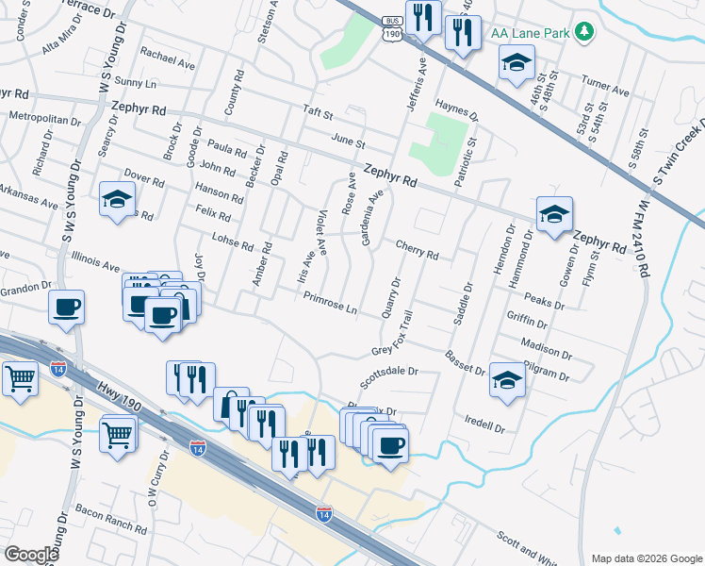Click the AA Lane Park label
click(x=531, y=32)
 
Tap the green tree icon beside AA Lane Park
click(x=585, y=32)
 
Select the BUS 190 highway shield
click(x=391, y=27)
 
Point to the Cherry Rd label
click(x=418, y=250)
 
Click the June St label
click(x=348, y=141)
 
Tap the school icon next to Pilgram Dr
click(x=507, y=380)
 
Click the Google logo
click(x=31, y=554)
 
